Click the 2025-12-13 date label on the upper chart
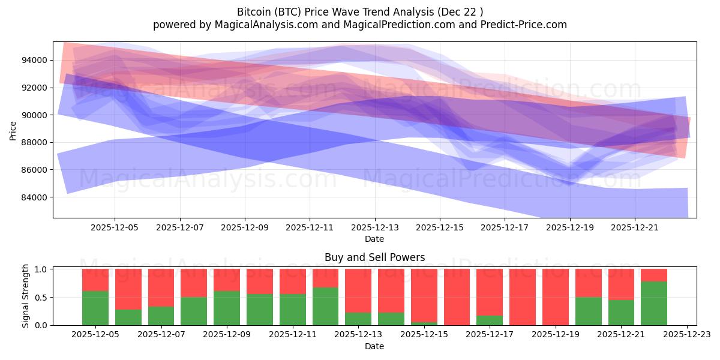(375, 228)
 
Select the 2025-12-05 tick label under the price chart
(115, 228)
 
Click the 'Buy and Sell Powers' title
(374, 257)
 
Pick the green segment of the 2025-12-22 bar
(654, 303)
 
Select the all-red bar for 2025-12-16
(457, 297)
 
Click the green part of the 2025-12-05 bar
(95, 308)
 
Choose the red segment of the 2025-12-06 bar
(128, 289)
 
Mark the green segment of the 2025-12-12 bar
(326, 306)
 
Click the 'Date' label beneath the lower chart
(374, 346)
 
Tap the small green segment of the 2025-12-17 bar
(490, 320)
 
